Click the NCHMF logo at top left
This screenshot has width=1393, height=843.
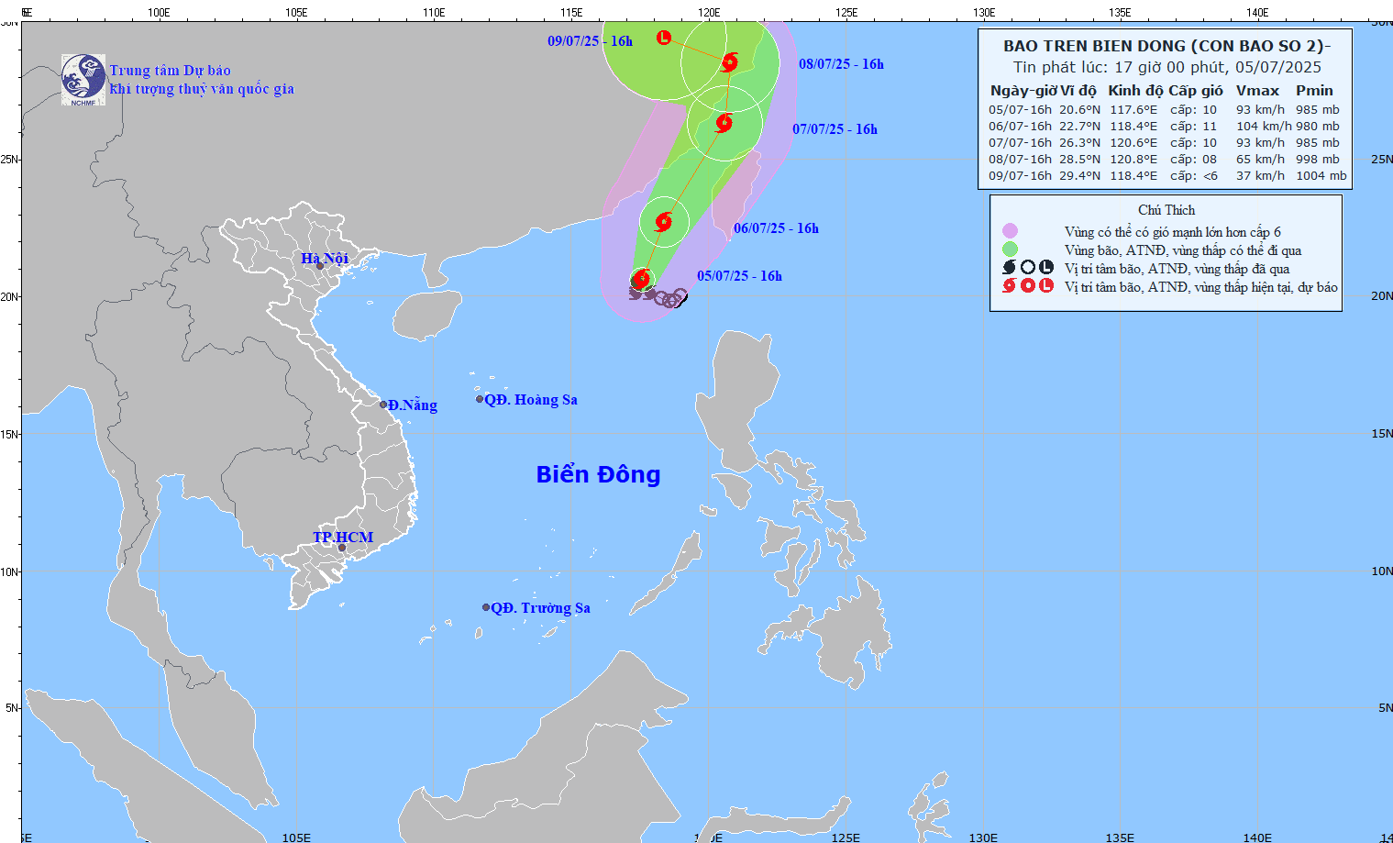(x=83, y=79)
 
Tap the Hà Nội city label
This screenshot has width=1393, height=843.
(x=325, y=259)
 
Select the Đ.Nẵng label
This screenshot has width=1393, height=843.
(x=412, y=405)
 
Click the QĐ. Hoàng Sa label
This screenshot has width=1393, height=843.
(x=531, y=400)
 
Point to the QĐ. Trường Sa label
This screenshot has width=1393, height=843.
(x=540, y=608)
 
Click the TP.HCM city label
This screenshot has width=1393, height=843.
(x=343, y=538)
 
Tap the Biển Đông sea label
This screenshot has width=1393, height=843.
(x=598, y=474)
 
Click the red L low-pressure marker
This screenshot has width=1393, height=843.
(x=664, y=38)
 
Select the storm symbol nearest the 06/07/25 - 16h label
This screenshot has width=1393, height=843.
(x=663, y=221)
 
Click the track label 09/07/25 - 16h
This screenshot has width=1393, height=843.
(x=590, y=41)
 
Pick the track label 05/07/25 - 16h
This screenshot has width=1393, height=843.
(x=739, y=276)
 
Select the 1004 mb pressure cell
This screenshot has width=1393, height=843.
(x=1321, y=176)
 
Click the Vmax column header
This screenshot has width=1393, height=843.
(x=1257, y=90)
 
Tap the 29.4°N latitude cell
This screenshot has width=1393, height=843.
(x=1079, y=176)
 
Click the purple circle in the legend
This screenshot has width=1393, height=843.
(x=1010, y=231)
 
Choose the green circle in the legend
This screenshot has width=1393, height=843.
(x=1010, y=250)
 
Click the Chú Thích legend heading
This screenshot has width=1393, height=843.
(x=1166, y=210)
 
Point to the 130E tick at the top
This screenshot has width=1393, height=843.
(x=983, y=13)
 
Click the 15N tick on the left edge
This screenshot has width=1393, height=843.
(x=10, y=434)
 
